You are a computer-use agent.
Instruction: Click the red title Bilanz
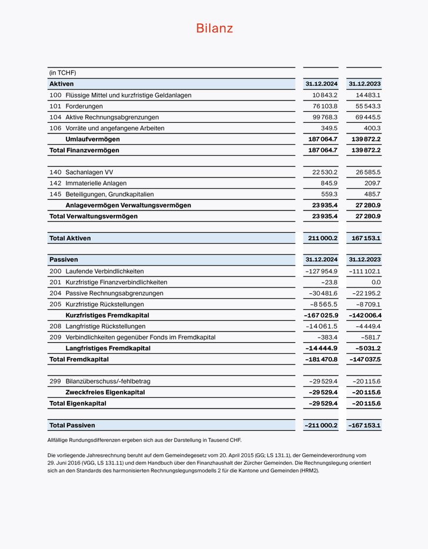(214, 28)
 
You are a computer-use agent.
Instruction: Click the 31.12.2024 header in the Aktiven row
(321, 84)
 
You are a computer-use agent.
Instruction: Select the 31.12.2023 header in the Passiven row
(365, 259)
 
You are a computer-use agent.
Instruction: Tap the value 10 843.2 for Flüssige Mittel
(325, 95)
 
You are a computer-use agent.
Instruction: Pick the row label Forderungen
(84, 106)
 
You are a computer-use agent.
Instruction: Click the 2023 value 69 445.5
(367, 117)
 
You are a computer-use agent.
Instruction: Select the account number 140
(55, 172)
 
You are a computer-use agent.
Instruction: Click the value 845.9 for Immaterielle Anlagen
(329, 183)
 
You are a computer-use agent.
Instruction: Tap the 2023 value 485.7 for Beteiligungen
(372, 194)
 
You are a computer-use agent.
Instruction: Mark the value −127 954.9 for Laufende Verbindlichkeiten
(322, 271)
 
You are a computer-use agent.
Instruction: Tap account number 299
(55, 381)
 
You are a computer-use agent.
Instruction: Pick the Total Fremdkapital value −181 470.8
(321, 359)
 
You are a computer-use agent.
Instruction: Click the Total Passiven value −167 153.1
(364, 425)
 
